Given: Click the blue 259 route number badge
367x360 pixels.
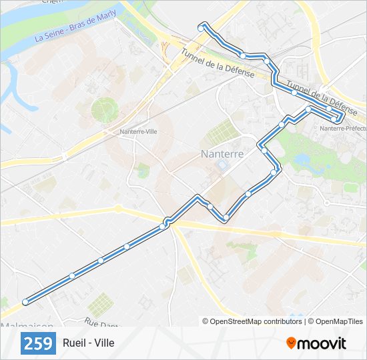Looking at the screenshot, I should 39,343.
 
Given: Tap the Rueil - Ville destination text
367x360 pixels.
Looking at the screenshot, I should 89,343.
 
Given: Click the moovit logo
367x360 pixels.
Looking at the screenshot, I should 316,343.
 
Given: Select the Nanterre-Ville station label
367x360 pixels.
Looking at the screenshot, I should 139,132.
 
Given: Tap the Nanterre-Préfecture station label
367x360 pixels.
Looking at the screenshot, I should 342,128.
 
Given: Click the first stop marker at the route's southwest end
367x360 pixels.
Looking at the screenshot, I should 25,302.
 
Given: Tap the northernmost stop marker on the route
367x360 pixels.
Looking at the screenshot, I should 201,27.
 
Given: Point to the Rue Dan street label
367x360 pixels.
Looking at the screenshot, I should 99,324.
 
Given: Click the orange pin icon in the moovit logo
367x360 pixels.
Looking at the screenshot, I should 291,343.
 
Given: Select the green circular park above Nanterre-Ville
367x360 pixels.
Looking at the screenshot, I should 104,110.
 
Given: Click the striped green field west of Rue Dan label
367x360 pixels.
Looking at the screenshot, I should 100,305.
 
